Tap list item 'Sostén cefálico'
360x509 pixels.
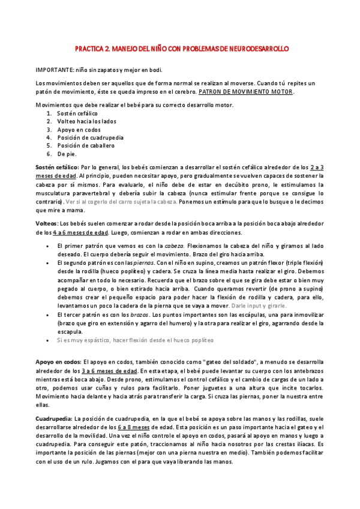tap(77, 113)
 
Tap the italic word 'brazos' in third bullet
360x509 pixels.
tap(139, 314)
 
